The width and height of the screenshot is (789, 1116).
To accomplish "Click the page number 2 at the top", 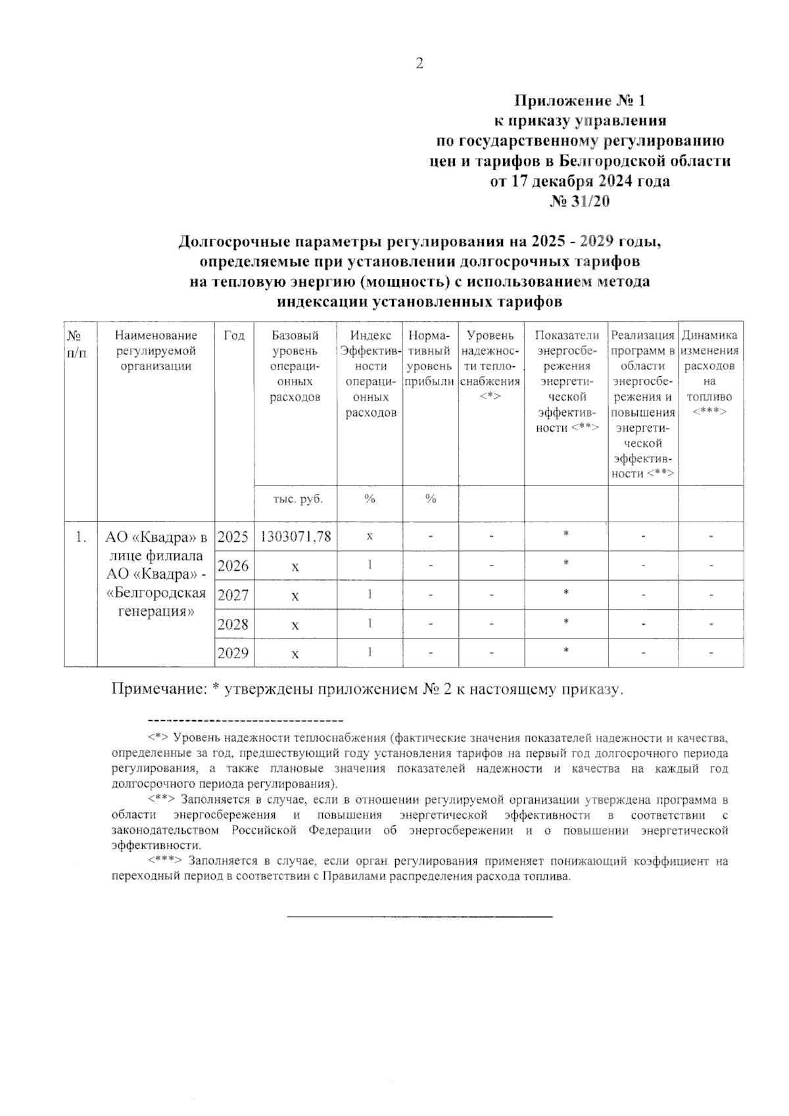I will click(x=419, y=64).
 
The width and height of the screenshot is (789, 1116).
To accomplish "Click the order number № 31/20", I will click(x=579, y=201).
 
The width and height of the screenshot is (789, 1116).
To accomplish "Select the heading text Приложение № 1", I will click(x=580, y=101).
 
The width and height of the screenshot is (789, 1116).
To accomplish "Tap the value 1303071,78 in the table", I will click(x=296, y=537).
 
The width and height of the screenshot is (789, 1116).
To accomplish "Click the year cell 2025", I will click(x=233, y=537).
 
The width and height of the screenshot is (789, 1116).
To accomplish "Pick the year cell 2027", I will click(x=233, y=595).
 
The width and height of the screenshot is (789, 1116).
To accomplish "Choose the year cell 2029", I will click(x=233, y=653).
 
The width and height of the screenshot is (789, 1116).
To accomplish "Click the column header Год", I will click(x=233, y=336).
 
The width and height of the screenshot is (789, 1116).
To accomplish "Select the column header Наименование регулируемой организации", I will click(x=156, y=351).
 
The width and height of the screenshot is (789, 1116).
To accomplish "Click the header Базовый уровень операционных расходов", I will click(x=295, y=366).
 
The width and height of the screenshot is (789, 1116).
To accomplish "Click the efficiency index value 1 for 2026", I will click(x=370, y=565).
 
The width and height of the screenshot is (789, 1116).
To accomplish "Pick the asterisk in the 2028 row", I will click(x=566, y=623).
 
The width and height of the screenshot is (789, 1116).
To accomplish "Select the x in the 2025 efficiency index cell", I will click(x=370, y=537).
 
